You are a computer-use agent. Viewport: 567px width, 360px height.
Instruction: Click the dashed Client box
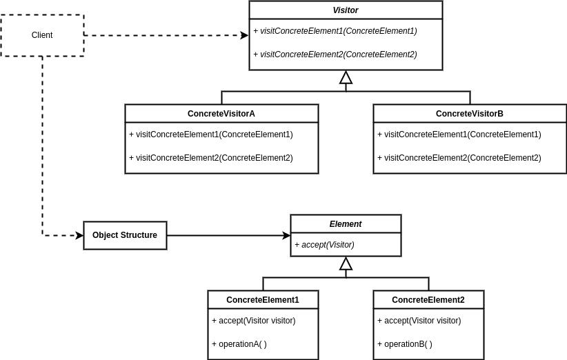42,35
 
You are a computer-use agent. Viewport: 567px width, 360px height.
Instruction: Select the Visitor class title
346,10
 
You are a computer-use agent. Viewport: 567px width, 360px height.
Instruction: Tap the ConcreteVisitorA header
221,114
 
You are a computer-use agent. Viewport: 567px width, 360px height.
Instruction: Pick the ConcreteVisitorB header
470,114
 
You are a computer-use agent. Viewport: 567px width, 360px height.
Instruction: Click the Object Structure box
125,235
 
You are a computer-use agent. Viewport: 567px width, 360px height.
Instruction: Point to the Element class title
346,224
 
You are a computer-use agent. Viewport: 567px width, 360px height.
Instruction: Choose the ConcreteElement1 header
263,300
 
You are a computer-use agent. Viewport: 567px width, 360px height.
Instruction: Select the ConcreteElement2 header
428,300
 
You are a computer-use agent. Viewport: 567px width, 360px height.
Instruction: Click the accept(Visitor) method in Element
325,245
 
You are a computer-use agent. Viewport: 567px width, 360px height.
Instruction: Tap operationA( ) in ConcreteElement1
239,344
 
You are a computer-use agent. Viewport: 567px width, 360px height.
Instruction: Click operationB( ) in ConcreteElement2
405,344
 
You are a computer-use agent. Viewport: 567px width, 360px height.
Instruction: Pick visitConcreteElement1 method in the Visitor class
335,31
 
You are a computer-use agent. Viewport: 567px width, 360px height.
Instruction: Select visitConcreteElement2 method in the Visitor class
335,54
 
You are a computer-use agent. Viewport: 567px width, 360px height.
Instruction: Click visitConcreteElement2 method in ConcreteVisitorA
211,158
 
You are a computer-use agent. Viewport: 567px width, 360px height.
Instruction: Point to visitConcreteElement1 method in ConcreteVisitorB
459,134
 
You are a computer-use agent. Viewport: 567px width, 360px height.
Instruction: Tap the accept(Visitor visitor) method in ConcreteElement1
254,321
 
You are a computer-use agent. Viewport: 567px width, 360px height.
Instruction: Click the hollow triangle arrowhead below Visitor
346,78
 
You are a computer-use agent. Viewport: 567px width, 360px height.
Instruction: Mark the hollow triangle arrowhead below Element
346,263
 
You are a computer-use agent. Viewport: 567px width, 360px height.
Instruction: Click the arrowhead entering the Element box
286,235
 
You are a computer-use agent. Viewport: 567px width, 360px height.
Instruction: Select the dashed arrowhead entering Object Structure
79,235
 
